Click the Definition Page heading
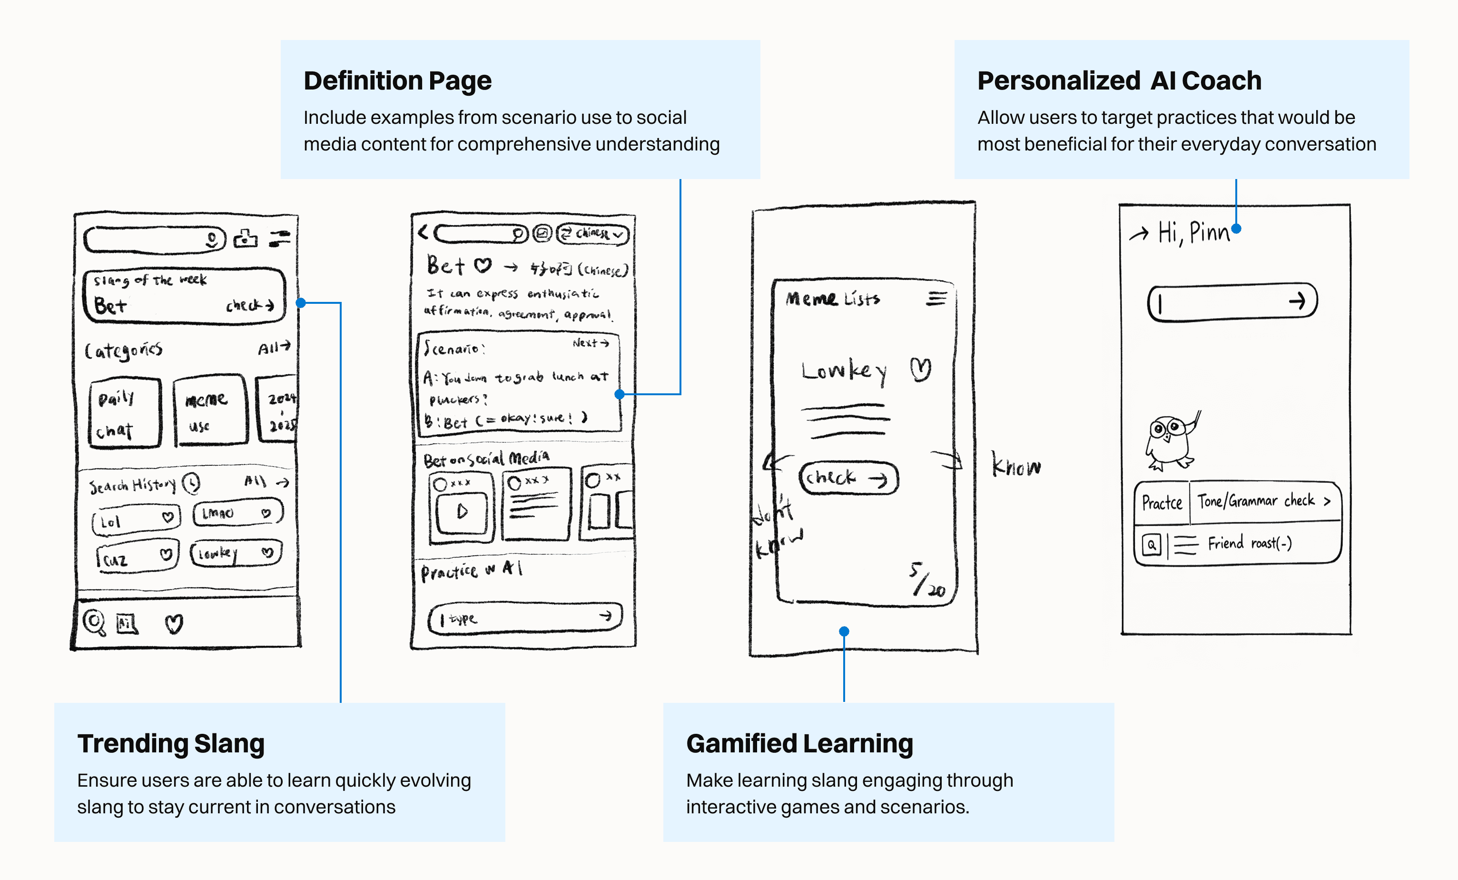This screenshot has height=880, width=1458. coord(397,81)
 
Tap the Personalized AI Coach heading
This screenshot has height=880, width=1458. coord(1118,81)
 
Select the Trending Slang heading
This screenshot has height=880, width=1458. coord(170,744)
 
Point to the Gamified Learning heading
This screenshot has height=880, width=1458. coord(799,744)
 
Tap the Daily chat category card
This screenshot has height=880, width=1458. coord(124,413)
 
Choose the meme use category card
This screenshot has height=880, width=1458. coord(209,410)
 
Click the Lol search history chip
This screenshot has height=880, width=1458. coord(136,520)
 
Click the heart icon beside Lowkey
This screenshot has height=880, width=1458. coord(920,370)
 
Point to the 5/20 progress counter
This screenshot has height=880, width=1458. coord(926,580)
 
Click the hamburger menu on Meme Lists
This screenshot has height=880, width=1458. coord(936,298)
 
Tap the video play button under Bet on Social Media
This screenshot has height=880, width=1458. coord(462,511)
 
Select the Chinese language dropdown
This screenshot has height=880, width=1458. coord(593,234)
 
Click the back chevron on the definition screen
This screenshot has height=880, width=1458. coord(423,232)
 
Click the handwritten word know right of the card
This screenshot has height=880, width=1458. coord(1015,465)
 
